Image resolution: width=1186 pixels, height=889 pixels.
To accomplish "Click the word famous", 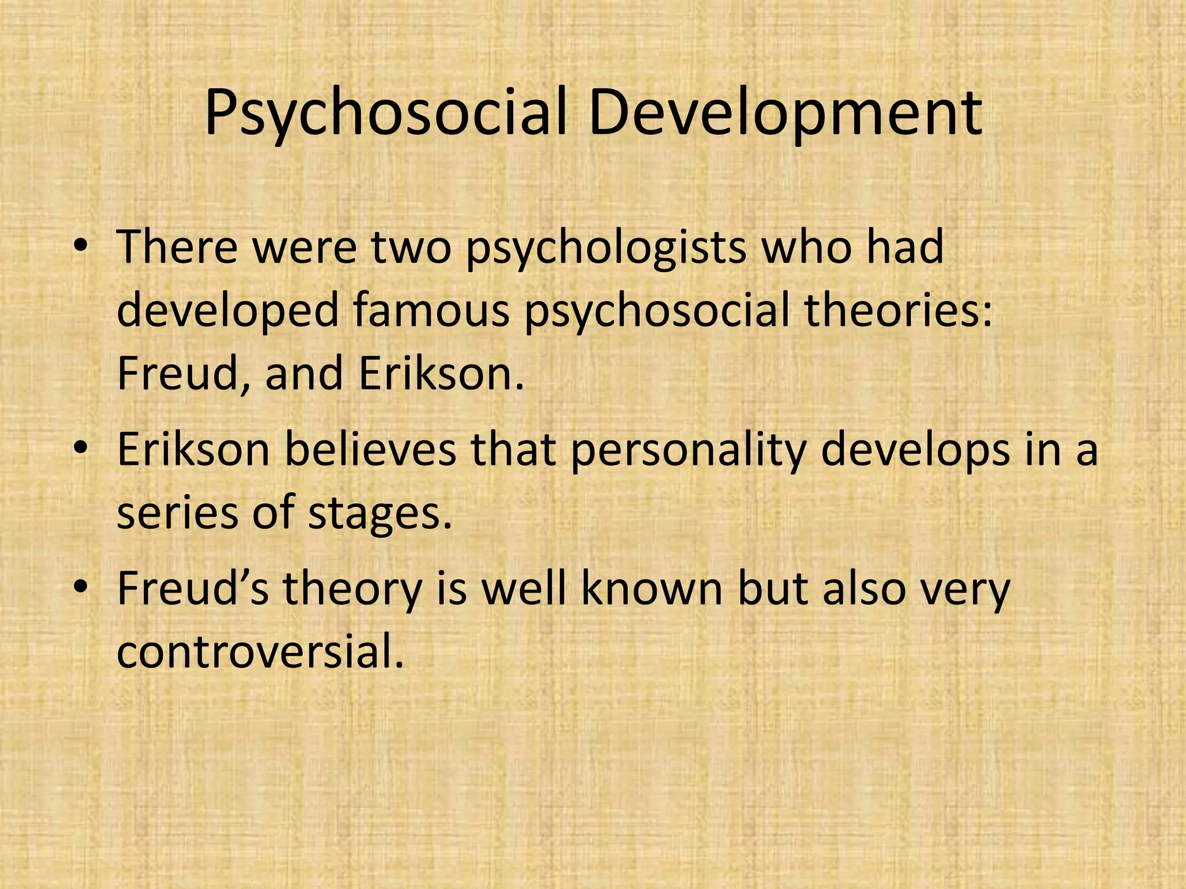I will (431, 311).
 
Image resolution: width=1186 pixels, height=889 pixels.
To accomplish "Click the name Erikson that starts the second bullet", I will (193, 450).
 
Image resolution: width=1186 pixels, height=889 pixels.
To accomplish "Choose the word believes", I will (370, 450).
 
